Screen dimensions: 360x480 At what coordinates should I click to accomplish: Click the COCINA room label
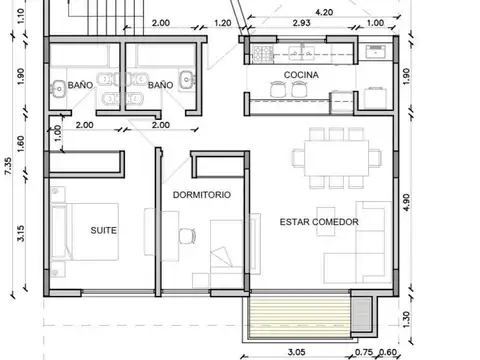(x=301, y=75)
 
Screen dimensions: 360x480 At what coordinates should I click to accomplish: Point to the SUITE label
(x=103, y=229)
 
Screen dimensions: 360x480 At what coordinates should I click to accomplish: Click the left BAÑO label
(x=80, y=85)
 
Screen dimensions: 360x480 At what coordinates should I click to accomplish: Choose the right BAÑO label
(x=160, y=85)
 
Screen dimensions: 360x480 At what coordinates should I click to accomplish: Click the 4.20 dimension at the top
(x=324, y=12)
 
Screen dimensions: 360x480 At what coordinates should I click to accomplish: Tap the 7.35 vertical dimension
(x=9, y=165)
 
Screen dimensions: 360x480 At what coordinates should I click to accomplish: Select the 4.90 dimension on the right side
(x=405, y=201)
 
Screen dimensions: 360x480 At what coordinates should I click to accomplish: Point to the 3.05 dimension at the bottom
(x=296, y=352)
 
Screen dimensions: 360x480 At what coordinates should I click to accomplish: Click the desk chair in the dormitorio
(x=186, y=236)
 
